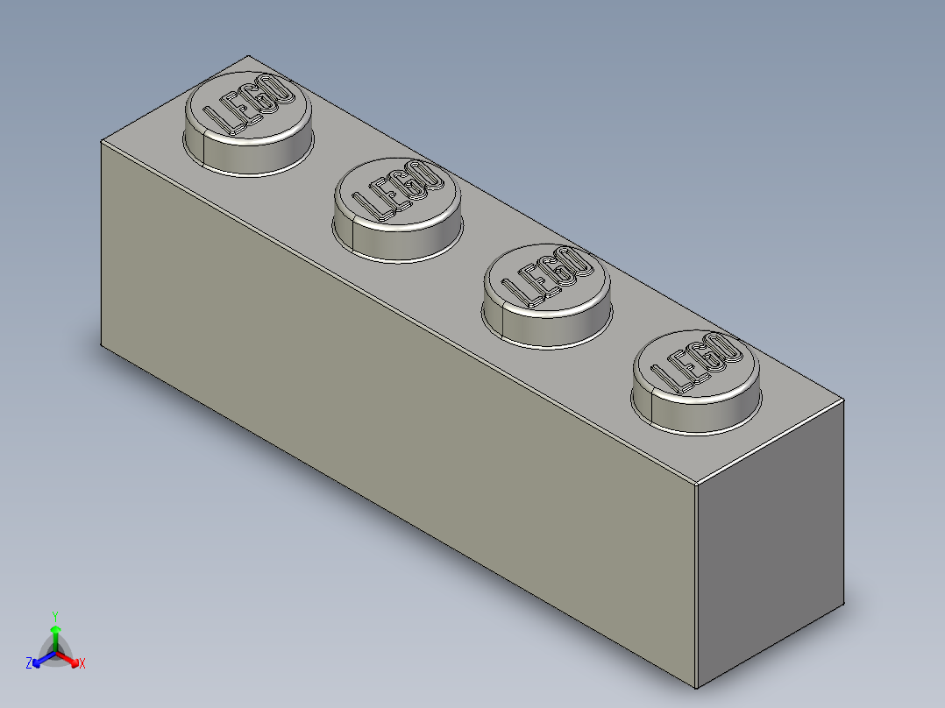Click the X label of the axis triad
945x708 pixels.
click(82, 664)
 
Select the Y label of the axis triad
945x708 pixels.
click(55, 615)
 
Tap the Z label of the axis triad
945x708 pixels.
click(29, 664)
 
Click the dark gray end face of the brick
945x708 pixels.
click(770, 543)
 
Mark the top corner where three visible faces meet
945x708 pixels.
click(696, 484)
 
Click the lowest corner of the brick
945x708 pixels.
click(696, 689)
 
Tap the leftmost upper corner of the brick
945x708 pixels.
click(102, 141)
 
